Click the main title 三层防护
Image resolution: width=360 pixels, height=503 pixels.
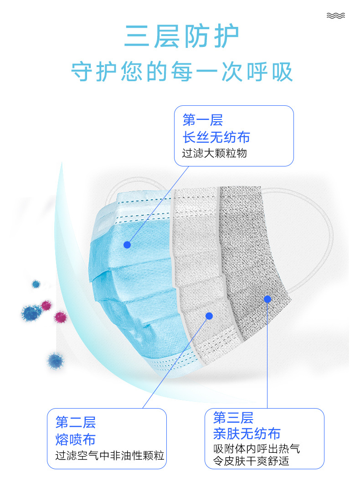click(181, 36)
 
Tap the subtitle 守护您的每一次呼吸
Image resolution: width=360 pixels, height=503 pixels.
click(182, 72)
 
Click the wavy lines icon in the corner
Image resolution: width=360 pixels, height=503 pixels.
click(336, 16)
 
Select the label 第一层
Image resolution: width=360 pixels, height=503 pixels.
click(203, 120)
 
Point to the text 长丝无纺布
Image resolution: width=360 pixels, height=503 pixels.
click(216, 137)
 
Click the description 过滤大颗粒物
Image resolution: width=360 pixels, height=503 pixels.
click(214, 153)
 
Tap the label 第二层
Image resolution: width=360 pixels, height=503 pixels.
click(75, 422)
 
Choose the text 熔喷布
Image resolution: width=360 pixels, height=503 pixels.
click(75, 439)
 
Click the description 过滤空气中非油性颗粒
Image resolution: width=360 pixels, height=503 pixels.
click(110, 455)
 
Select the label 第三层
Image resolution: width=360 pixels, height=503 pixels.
click(233, 417)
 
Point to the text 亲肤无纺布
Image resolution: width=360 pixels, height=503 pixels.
click(247, 434)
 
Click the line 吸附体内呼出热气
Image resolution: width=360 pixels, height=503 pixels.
click(257, 448)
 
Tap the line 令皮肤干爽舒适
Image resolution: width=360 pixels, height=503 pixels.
click(251, 461)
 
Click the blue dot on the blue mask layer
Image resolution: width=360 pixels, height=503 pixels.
click(127, 245)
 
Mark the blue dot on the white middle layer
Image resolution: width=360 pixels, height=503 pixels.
click(209, 316)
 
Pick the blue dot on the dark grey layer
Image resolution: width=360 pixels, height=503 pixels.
click(267, 299)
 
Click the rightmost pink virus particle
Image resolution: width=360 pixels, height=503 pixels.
click(60, 317)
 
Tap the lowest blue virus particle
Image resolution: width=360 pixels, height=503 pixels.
click(56, 361)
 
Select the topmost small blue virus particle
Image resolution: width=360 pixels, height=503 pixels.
click(36, 284)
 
